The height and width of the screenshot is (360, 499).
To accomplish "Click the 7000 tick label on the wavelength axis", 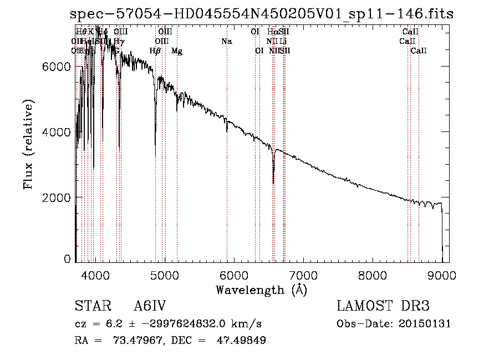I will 303,275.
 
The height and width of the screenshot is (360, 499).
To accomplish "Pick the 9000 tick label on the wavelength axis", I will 442,275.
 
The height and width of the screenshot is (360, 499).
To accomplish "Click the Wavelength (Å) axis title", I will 261,289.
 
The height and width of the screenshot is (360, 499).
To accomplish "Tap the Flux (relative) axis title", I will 28,144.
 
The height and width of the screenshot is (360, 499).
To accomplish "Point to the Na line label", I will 226,41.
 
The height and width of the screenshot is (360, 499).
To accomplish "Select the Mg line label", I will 177,51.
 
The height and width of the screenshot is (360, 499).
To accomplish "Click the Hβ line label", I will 155,51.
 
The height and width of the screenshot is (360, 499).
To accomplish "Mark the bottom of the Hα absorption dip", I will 273,182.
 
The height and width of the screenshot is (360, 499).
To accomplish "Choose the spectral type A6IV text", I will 150,306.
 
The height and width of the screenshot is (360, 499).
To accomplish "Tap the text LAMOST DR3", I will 383,306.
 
